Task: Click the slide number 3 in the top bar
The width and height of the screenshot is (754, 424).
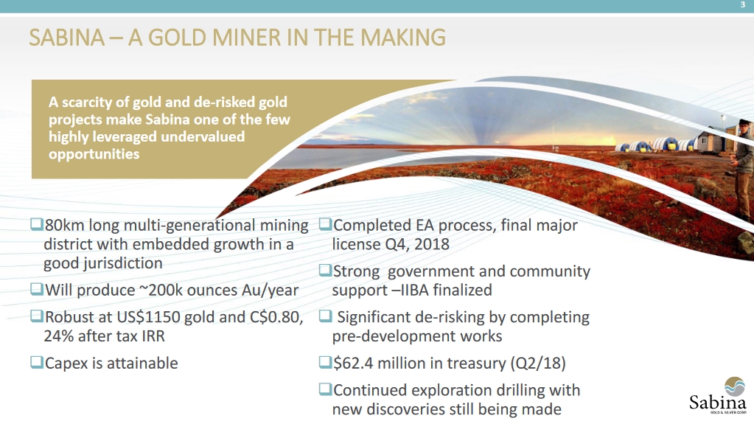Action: (x=743, y=5)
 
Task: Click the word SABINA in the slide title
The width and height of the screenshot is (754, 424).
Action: (x=66, y=38)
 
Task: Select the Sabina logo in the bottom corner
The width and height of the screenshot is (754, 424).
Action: (x=719, y=395)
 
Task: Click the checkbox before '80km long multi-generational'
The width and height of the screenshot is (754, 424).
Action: (x=37, y=224)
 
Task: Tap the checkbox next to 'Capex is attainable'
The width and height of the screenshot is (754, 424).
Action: (x=37, y=362)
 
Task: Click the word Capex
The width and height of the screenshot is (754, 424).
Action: (x=66, y=364)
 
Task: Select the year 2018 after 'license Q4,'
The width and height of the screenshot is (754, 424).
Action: (x=431, y=244)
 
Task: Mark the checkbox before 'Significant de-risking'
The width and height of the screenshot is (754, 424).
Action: (x=325, y=316)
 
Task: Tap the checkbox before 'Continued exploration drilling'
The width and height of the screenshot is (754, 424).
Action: (x=325, y=389)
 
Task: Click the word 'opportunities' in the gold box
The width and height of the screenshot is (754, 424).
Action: (x=94, y=155)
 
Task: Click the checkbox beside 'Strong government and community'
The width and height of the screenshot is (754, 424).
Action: (x=325, y=270)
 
